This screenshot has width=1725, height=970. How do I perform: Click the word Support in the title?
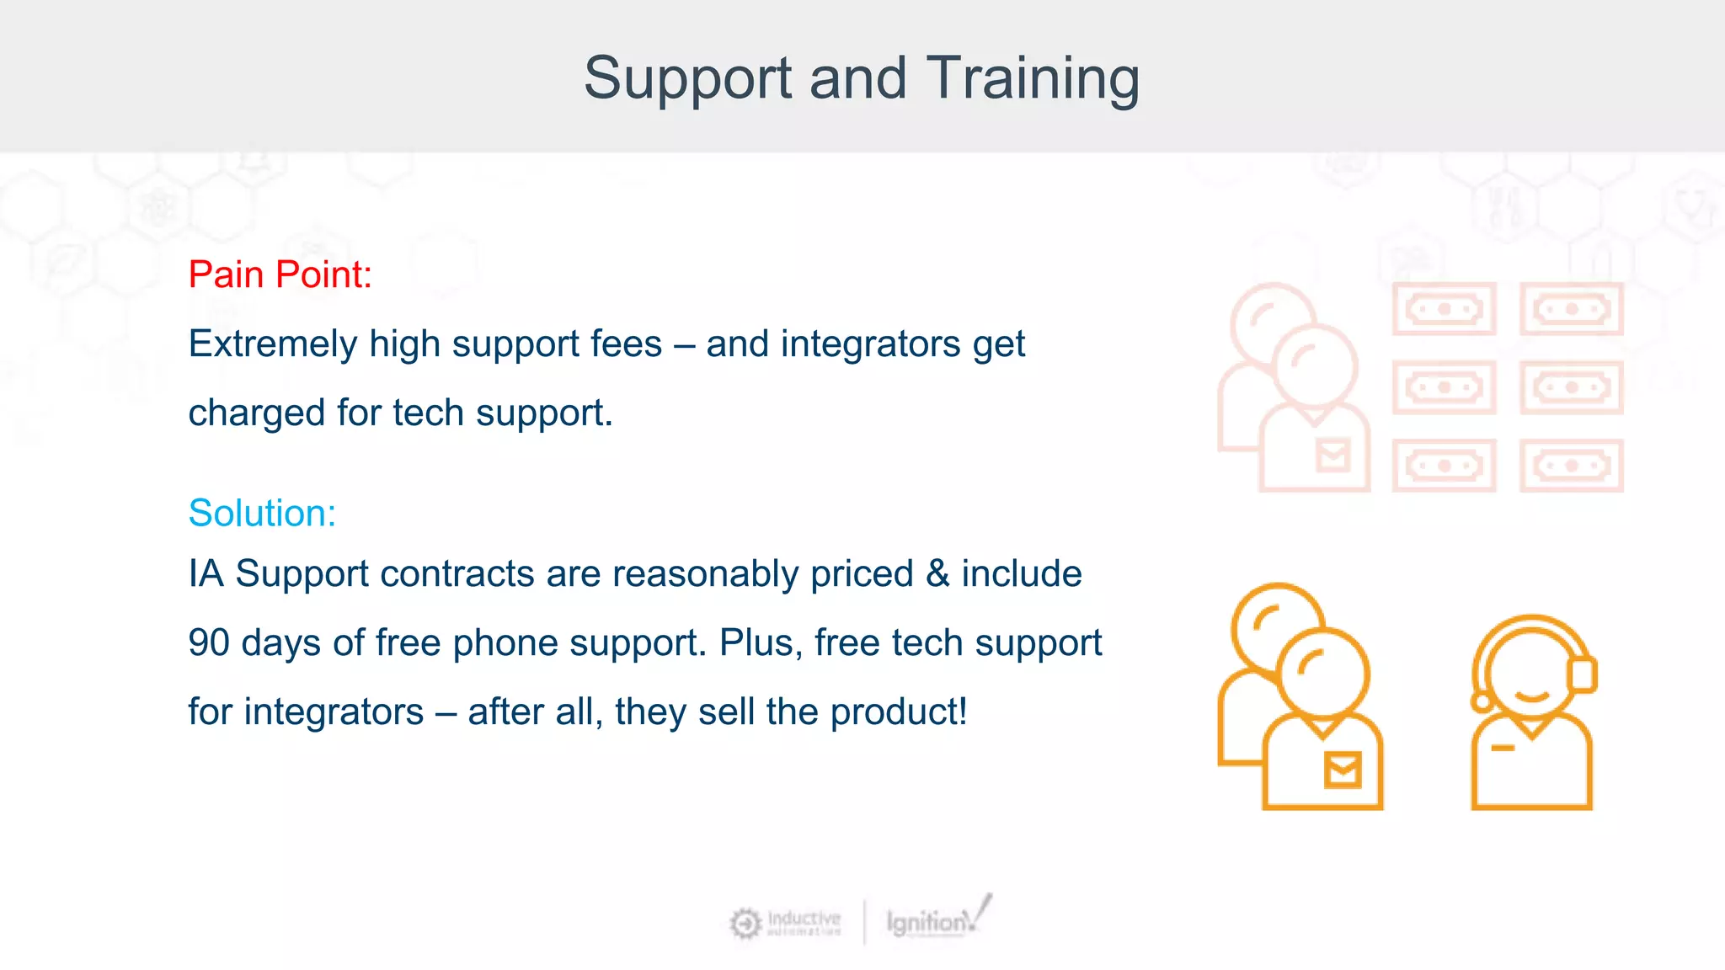pyautogui.click(x=688, y=78)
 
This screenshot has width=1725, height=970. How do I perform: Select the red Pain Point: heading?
pyautogui.click(x=280, y=274)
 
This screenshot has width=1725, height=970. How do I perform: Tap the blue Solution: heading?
pyautogui.click(x=262, y=513)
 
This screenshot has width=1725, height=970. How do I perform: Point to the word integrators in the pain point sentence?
pyautogui.click(x=870, y=344)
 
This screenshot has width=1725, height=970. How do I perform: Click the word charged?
pyautogui.click(x=256, y=413)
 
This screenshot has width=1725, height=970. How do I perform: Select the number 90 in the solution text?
pyautogui.click(x=209, y=643)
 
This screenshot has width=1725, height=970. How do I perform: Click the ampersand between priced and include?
pyautogui.click(x=937, y=574)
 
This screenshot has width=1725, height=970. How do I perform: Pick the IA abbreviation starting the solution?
pyautogui.click(x=206, y=574)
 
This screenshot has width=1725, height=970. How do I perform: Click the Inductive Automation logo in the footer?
pyautogui.click(x=785, y=923)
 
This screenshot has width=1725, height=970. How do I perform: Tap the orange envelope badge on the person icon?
pyautogui.click(x=1343, y=770)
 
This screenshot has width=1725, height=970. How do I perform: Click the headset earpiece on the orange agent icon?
pyautogui.click(x=1583, y=674)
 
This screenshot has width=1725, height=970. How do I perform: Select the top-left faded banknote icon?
pyautogui.click(x=1444, y=309)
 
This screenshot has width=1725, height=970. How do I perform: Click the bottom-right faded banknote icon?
pyautogui.click(x=1571, y=466)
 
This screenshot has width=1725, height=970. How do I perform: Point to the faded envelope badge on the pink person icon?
pyautogui.click(x=1333, y=456)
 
